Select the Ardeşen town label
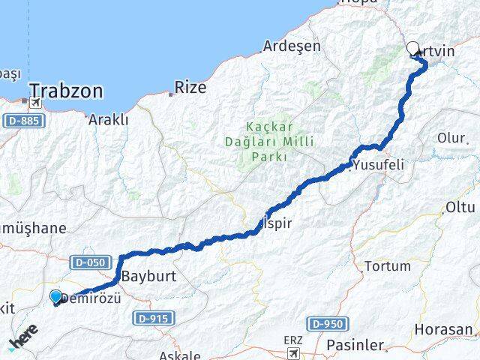(292, 46)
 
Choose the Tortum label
(387, 266)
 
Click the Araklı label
(109, 119)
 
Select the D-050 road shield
(91, 262)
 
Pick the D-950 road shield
(327, 324)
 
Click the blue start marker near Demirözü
(55, 297)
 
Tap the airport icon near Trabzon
(34, 103)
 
